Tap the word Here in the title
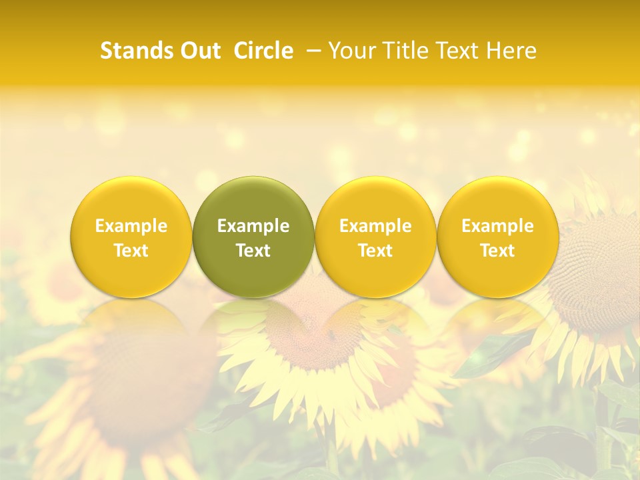(x=513, y=51)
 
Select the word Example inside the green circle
(x=253, y=226)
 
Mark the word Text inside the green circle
(x=253, y=251)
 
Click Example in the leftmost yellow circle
(x=131, y=226)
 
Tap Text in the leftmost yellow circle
(x=131, y=251)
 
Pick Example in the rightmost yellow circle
(x=497, y=226)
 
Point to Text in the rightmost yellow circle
(x=497, y=251)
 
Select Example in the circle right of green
(x=375, y=226)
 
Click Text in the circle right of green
(x=375, y=251)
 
